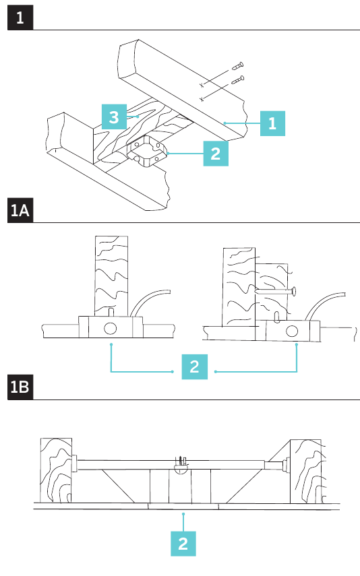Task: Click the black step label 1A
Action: [x=20, y=210]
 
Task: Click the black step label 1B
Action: [x=20, y=387]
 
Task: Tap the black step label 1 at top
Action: [x=20, y=18]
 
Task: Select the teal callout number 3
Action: [x=114, y=117]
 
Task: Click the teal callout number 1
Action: [x=272, y=123]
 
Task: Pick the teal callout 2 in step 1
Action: [x=216, y=154]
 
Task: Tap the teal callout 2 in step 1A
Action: [x=195, y=366]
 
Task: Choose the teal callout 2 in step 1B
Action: [x=183, y=544]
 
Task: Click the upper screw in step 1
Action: [x=237, y=67]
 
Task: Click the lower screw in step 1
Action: [x=238, y=79]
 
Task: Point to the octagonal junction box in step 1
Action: [x=147, y=151]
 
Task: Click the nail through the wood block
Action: [x=275, y=292]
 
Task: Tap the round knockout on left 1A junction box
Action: [x=111, y=328]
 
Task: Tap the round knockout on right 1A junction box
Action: [x=292, y=331]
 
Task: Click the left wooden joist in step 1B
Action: [x=56, y=470]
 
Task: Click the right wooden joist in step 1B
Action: [x=306, y=472]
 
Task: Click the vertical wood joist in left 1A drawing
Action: [x=111, y=276]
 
